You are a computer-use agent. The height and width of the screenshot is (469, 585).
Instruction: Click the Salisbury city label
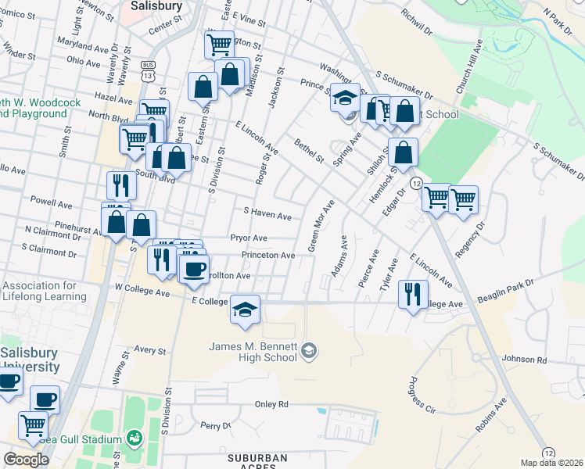click(156, 5)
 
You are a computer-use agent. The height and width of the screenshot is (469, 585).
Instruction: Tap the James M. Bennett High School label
click(253, 352)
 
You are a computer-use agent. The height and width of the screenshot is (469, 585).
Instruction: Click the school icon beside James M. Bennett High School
click(310, 349)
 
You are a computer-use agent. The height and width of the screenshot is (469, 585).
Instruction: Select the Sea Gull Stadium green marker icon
click(134, 435)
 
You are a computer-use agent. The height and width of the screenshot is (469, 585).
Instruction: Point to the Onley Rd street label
click(271, 404)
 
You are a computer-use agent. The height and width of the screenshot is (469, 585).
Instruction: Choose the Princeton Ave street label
click(268, 256)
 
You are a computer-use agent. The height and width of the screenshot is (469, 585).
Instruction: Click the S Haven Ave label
click(267, 213)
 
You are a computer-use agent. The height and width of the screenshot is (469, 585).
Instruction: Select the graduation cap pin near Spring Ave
click(344, 98)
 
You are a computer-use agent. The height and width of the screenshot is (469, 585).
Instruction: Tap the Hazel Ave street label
click(113, 100)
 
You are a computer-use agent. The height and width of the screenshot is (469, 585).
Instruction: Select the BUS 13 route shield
click(148, 71)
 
